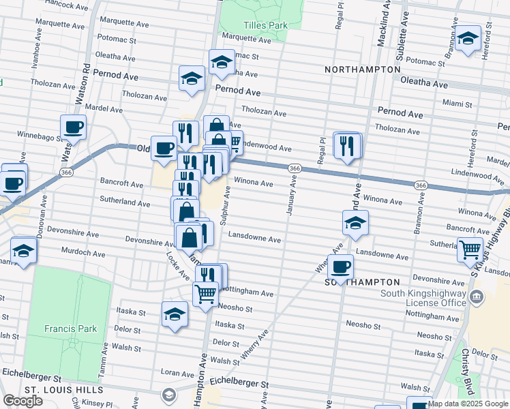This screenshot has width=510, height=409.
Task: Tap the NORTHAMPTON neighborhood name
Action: (x=362, y=70)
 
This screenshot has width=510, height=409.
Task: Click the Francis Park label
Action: (x=71, y=329)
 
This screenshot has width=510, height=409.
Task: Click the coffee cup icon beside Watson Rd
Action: (x=74, y=127)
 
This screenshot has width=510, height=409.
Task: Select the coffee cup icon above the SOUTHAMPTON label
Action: (x=340, y=267)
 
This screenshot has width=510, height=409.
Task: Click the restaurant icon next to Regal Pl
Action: (x=347, y=145)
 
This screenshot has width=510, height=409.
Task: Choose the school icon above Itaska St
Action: (x=175, y=315)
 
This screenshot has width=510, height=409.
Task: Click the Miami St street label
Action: (x=457, y=104)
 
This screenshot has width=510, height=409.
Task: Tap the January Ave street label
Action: (x=291, y=196)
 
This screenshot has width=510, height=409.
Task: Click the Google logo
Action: (x=22, y=401)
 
